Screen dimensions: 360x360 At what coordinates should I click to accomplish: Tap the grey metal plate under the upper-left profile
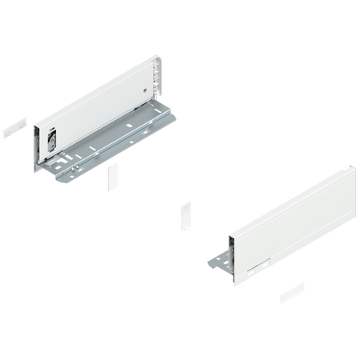(120, 152)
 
